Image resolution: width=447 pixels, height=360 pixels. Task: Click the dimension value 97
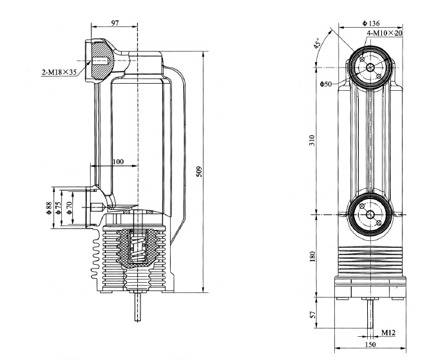(115, 23)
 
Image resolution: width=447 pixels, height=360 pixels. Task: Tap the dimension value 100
(119, 162)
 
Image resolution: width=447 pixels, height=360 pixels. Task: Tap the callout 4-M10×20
(385, 32)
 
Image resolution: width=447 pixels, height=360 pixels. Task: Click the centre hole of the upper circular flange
(370, 67)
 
